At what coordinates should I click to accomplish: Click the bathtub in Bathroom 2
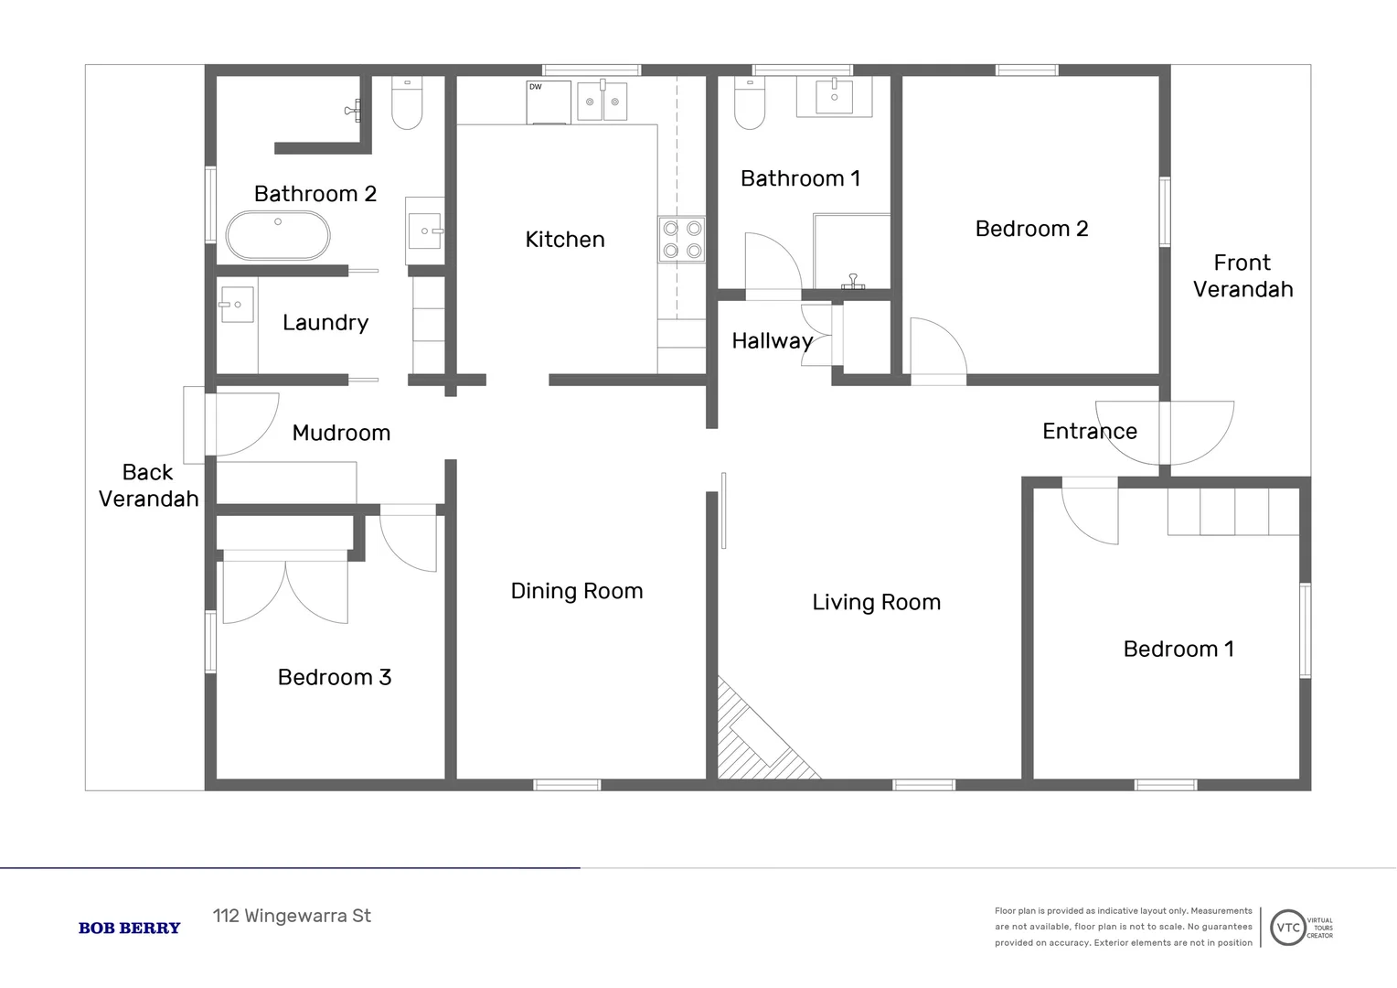278,236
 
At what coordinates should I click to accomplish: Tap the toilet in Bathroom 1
750,105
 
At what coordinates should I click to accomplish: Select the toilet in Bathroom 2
407,103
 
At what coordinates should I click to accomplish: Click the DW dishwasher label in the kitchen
536,87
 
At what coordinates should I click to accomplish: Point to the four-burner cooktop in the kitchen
682,239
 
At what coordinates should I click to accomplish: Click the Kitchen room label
565,240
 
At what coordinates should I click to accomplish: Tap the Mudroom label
341,433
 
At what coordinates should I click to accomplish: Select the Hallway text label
773,341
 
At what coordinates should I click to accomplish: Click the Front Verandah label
1242,276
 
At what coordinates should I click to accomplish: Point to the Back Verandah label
148,486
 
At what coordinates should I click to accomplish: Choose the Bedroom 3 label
335,677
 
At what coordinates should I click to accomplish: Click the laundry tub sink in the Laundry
237,305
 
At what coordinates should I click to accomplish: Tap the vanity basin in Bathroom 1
834,95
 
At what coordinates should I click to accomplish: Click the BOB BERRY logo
130,928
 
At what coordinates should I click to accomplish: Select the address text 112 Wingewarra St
292,916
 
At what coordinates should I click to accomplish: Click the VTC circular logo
1287,928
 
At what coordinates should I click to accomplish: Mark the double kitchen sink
603,102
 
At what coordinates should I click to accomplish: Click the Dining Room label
577,591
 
